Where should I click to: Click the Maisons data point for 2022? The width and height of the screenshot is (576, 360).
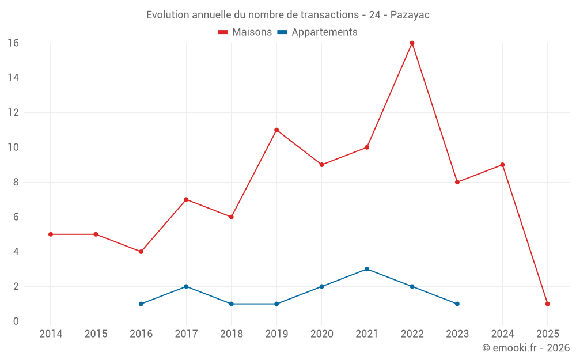coord(412,43)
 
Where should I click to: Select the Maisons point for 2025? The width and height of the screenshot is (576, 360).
coord(548,304)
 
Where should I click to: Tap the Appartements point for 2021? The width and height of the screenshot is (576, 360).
coord(367,269)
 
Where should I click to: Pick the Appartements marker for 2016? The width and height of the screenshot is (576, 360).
coord(141,304)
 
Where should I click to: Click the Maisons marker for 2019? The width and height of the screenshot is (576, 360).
coord(276,130)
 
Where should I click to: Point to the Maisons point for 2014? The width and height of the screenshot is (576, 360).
coord(51,234)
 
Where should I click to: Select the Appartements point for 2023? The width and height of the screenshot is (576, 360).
coord(457,304)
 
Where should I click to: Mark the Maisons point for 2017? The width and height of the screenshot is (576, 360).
coord(186,199)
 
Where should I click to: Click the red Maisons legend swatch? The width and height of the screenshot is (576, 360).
coord(223,32)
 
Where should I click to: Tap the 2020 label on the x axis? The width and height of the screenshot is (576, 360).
coord(322,334)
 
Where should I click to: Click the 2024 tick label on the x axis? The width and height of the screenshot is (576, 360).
coord(502,334)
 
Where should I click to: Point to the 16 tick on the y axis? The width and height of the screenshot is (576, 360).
coord(13,43)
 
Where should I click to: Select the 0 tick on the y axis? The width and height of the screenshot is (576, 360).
coord(16,321)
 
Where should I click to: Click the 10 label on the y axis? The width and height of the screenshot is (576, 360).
coord(13,147)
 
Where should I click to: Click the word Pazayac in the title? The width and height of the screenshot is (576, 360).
coord(410,15)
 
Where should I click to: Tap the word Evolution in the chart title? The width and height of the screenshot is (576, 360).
coord(168,15)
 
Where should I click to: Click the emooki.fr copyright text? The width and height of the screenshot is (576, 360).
coord(526,348)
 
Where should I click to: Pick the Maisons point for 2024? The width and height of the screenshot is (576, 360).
coord(502,165)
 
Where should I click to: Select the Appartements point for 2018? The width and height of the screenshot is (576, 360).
coord(231,304)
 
